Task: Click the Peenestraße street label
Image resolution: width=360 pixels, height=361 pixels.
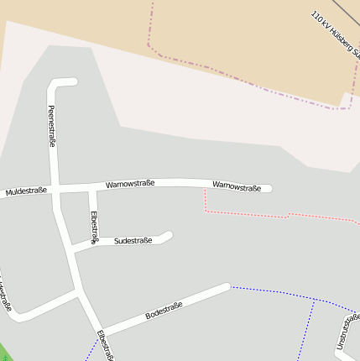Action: click(x=51, y=126)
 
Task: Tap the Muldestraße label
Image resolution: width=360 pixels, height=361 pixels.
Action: click(x=25, y=191)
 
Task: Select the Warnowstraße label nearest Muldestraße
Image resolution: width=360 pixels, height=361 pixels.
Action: click(x=130, y=184)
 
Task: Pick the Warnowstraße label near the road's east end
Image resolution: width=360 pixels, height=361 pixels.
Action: click(x=237, y=186)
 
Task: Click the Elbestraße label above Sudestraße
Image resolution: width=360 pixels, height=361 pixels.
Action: click(x=93, y=227)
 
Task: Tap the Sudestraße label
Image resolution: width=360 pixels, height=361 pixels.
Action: click(x=133, y=241)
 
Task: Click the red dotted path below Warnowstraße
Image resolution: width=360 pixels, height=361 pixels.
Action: click(x=252, y=215)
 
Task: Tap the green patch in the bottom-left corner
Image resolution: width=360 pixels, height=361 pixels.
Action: click(x=4, y=353)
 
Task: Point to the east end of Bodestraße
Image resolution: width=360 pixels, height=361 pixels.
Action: click(x=226, y=288)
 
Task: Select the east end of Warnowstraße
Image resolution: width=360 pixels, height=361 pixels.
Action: click(x=269, y=189)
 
